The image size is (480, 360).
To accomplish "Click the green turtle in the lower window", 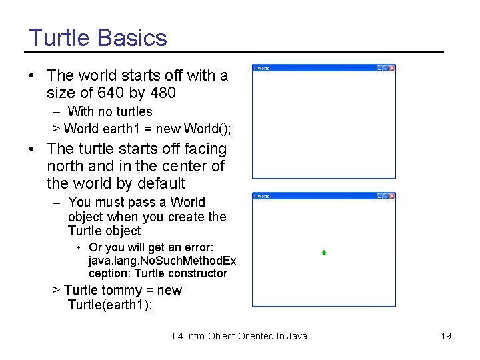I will pos(323,253).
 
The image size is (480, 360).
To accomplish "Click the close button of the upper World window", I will pos(392,68).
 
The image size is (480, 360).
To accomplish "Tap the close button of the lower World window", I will pos(392,196).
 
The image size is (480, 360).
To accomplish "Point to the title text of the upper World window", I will pos(264,68).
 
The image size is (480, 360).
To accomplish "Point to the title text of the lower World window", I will pos(264,196).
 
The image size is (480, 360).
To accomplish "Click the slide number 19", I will pos(446,336).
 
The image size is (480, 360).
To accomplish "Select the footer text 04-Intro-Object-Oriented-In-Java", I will pos(240,336).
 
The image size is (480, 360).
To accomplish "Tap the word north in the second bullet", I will pos(64,166).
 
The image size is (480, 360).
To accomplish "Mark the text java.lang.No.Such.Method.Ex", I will pos(162,261).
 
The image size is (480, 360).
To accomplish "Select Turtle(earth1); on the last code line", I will pos(110,305).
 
